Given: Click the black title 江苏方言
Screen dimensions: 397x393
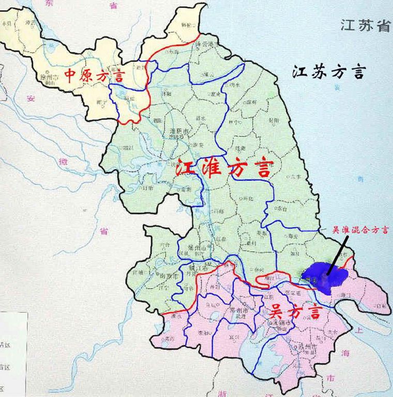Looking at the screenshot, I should tap(329, 72).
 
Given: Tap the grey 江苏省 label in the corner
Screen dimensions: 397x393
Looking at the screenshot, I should tap(365, 26).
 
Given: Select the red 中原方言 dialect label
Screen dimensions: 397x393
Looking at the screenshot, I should tap(94, 77).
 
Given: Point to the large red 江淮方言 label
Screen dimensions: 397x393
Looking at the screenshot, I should tap(223, 169).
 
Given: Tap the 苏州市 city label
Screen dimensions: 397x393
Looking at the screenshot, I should tap(307, 345).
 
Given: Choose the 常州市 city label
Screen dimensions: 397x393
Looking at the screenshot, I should tap(238, 312).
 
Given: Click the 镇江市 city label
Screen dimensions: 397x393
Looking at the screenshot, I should tap(200, 269).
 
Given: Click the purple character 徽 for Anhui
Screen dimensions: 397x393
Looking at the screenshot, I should tap(63, 162).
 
